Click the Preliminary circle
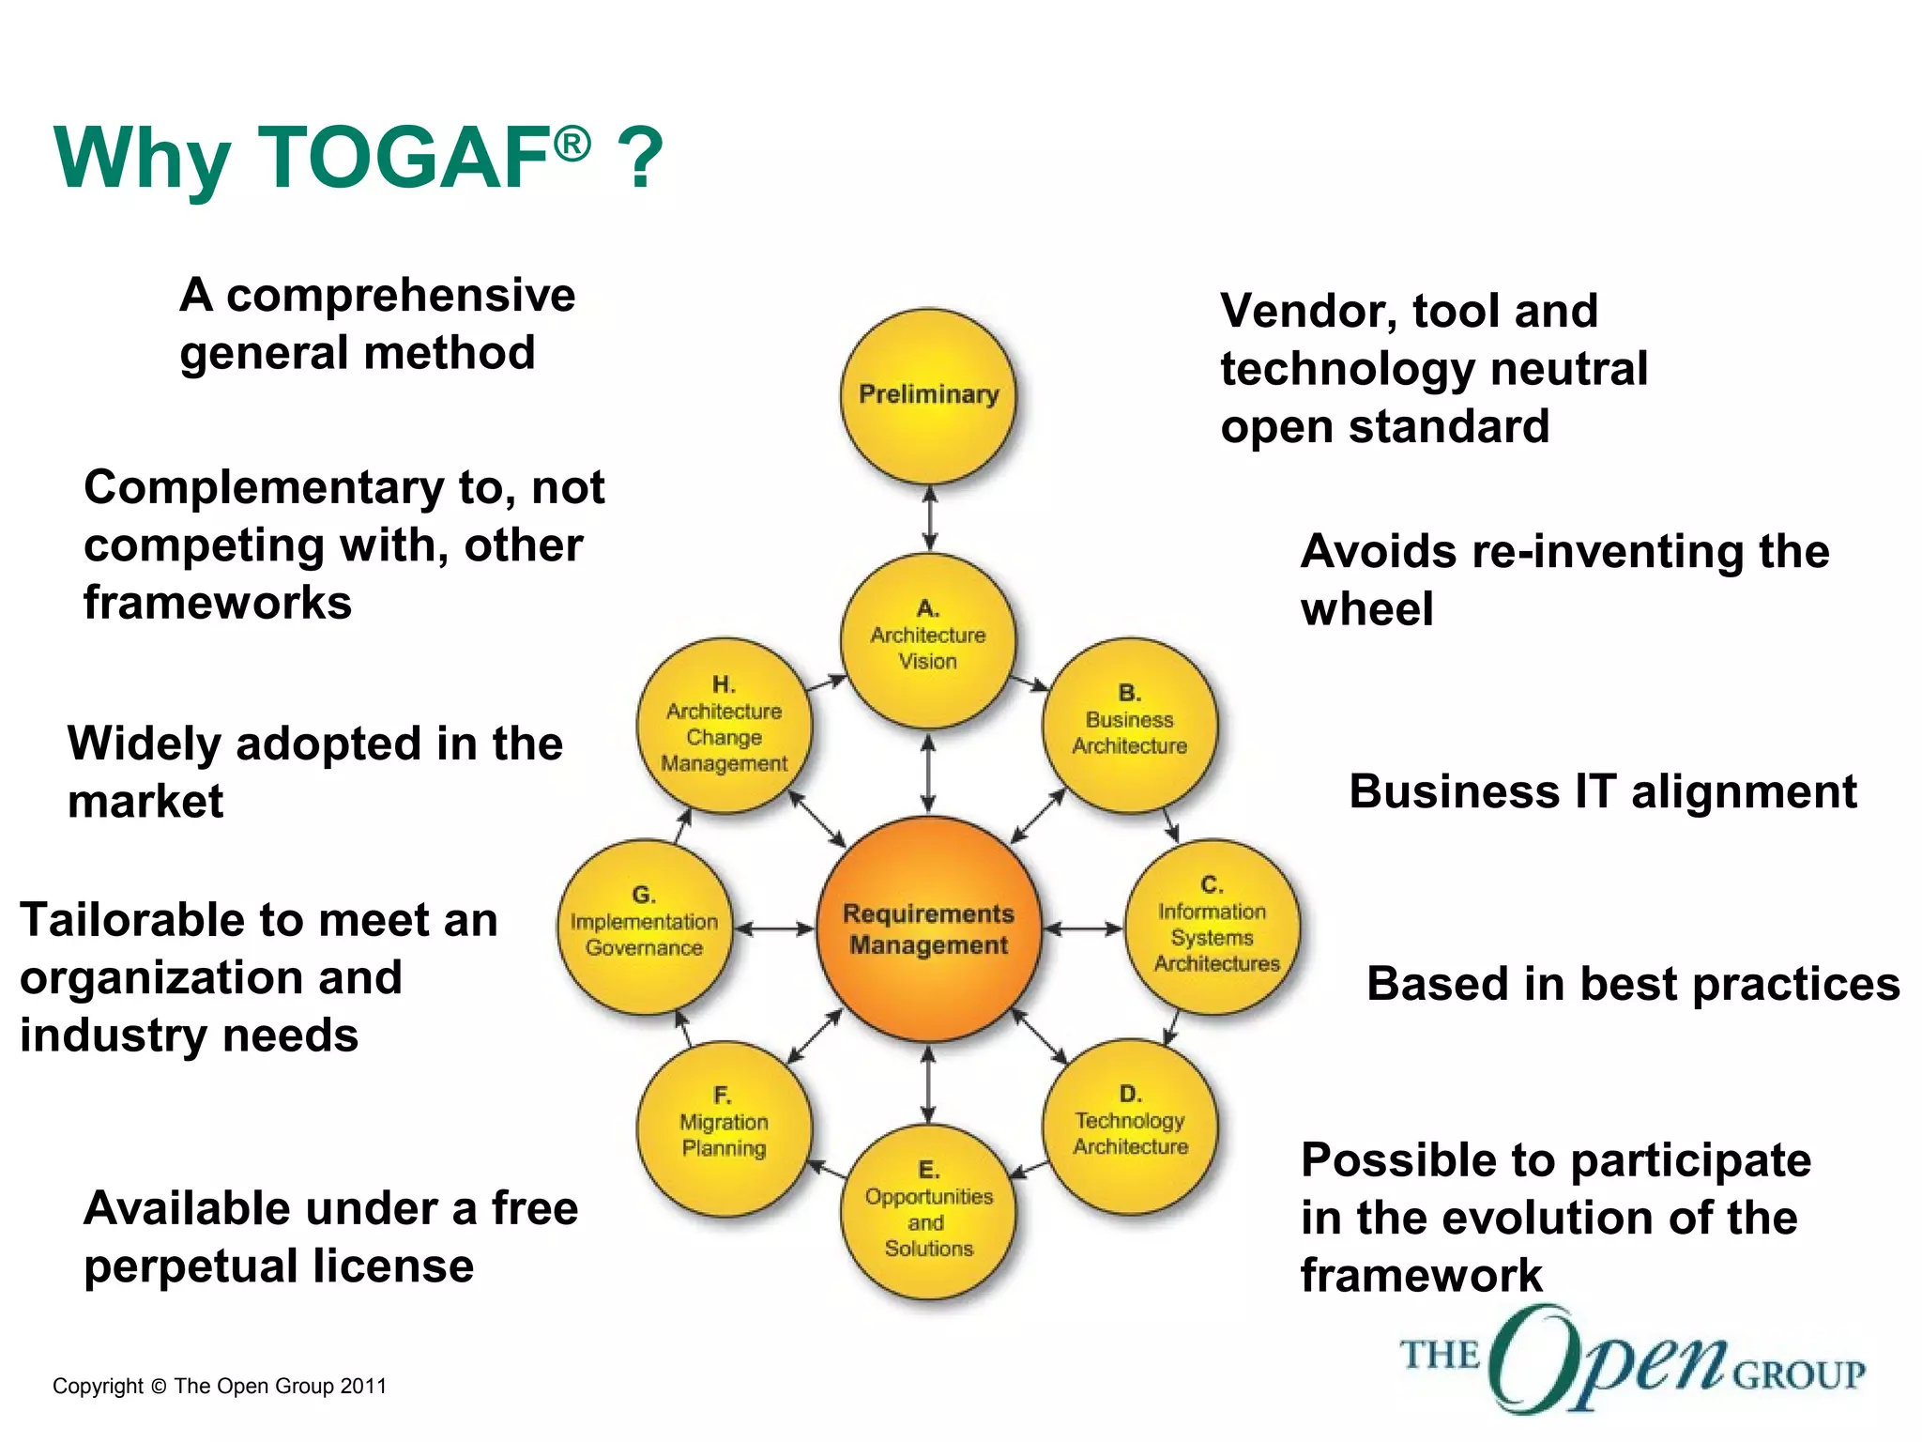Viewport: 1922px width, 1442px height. tap(928, 395)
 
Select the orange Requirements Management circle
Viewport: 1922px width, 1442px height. tap(928, 928)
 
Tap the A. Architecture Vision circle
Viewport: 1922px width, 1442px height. tap(928, 639)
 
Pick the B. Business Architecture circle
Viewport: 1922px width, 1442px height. tap(1130, 724)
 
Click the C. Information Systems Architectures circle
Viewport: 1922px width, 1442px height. tap(1213, 926)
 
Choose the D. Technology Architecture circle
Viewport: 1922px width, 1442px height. tap(1130, 1125)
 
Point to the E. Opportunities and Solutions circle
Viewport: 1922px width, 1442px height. tap(928, 1211)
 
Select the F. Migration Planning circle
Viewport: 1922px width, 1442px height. tap(724, 1127)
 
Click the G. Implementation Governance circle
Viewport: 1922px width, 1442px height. tap(644, 926)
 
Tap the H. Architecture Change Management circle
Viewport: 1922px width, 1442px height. tap(724, 724)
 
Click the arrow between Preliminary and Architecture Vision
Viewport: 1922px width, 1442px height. tap(929, 518)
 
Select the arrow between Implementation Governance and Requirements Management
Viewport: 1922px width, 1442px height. tap(773, 929)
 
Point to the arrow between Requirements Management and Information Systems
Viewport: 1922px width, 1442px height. tap(1083, 929)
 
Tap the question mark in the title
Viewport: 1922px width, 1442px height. tap(641, 158)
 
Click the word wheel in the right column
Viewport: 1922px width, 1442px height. tap(1366, 609)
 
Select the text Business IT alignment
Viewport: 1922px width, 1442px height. tap(1602, 791)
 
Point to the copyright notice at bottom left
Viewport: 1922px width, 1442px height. tap(220, 1386)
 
